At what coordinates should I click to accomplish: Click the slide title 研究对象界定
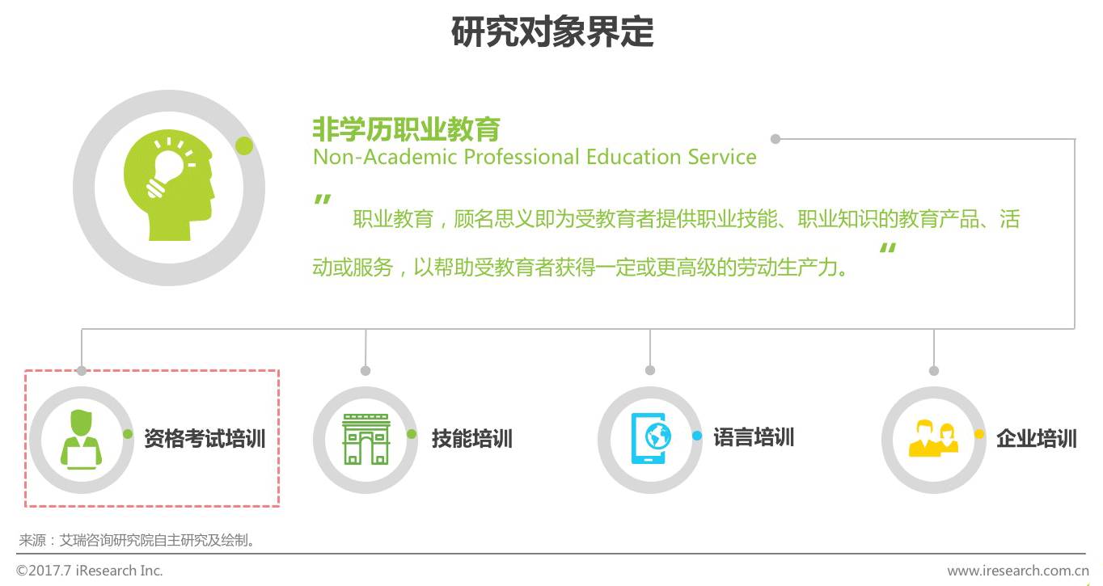pyautogui.click(x=552, y=32)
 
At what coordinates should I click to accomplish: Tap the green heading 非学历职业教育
pyautogui.click(x=406, y=129)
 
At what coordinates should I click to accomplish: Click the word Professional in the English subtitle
pyautogui.click(x=521, y=158)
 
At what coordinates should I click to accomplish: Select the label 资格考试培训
pyautogui.click(x=205, y=438)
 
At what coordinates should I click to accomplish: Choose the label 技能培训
pyautogui.click(x=471, y=438)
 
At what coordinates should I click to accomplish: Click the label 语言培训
pyautogui.click(x=754, y=437)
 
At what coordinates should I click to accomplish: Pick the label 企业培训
pyautogui.click(x=1037, y=438)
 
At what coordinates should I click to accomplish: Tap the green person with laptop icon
pyautogui.click(x=81, y=439)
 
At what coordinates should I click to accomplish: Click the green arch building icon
pyautogui.click(x=366, y=439)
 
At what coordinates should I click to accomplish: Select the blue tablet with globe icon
pyautogui.click(x=650, y=438)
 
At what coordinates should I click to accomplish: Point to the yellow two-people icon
pyautogui.click(x=933, y=438)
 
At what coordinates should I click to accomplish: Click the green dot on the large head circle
pyautogui.click(x=244, y=145)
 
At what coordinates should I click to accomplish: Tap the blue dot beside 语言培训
pyautogui.click(x=697, y=436)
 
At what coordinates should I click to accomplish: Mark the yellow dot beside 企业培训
pyautogui.click(x=979, y=434)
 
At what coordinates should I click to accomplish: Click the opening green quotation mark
pyautogui.click(x=323, y=200)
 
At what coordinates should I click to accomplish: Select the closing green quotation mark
pyautogui.click(x=888, y=247)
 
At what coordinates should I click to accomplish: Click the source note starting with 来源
pyautogui.click(x=137, y=540)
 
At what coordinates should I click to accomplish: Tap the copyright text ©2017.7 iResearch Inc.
pyautogui.click(x=89, y=571)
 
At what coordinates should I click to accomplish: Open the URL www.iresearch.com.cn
pyautogui.click(x=1018, y=571)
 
